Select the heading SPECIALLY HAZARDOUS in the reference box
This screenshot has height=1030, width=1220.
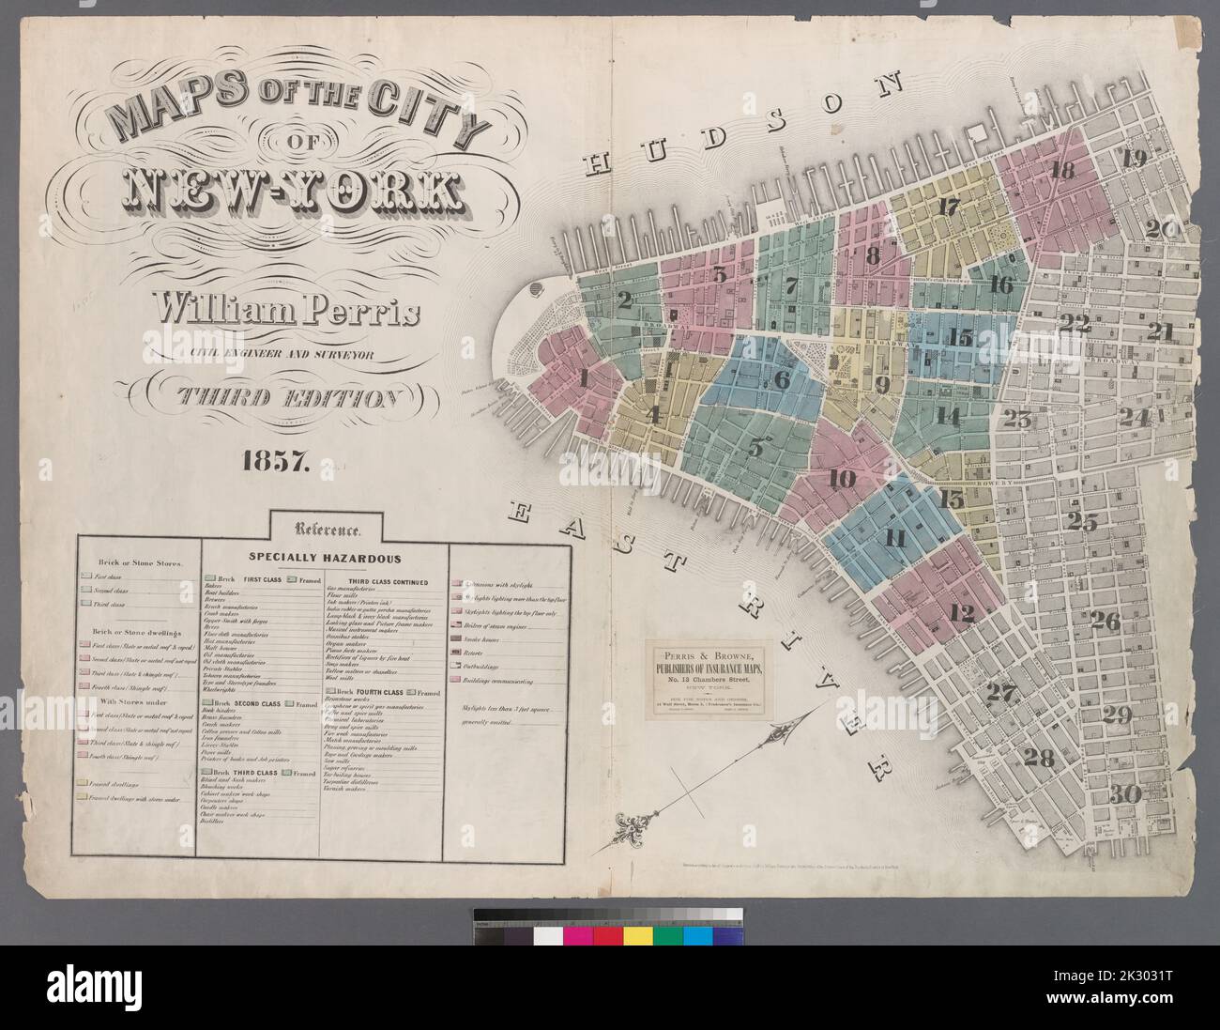[325, 558]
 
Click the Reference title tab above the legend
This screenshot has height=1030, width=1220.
[324, 528]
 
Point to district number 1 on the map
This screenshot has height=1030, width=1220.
[586, 379]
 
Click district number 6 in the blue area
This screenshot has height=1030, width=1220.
[782, 379]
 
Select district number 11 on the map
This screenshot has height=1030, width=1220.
[894, 539]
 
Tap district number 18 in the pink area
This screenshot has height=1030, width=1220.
[1062, 171]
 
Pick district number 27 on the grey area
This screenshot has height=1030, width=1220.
[1002, 694]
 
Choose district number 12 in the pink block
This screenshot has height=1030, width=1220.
[961, 614]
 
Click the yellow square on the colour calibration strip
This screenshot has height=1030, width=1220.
[638, 936]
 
